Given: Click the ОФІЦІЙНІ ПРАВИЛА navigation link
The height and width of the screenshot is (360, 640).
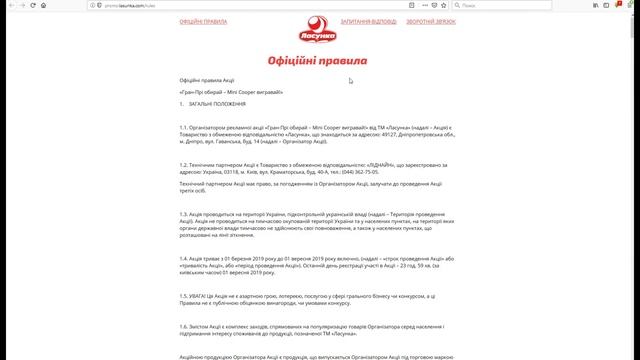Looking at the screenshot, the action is (x=203, y=21).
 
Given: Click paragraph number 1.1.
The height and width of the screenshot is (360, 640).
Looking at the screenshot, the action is (x=184, y=128).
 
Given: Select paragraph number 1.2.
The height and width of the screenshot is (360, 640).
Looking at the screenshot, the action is (x=185, y=164).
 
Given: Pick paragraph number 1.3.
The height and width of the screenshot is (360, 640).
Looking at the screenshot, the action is (x=185, y=213).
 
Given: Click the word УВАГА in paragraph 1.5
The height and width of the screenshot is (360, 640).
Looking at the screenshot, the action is (x=204, y=298).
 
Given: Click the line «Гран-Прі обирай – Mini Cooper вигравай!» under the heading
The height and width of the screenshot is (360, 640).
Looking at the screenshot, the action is (x=232, y=91).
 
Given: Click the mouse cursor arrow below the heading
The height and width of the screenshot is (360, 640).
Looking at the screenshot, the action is (x=350, y=81).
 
